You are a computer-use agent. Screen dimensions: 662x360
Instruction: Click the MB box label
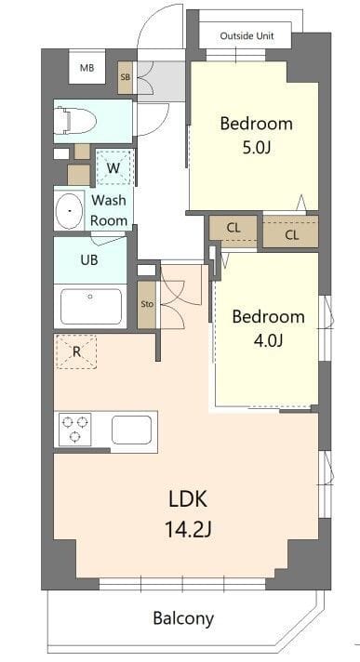point(87,68)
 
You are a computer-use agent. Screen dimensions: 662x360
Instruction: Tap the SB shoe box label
point(126,77)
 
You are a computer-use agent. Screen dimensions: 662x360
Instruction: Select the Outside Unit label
point(247,36)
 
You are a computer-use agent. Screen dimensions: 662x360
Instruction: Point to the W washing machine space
point(113,167)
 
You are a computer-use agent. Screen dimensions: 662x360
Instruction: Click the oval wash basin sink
point(69,211)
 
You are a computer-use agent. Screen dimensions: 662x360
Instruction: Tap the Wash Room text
point(109,210)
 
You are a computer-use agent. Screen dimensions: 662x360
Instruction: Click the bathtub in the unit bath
point(89,305)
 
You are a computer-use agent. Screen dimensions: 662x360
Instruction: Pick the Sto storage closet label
point(146,304)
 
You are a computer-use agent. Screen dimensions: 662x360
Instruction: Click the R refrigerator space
point(76,351)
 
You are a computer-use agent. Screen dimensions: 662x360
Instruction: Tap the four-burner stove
point(74,430)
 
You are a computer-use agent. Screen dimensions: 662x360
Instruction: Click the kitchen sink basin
point(131,430)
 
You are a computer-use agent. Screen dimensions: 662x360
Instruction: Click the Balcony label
point(183,618)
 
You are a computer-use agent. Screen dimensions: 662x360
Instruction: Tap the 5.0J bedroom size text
point(256,148)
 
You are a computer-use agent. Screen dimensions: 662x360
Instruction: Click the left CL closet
point(233,226)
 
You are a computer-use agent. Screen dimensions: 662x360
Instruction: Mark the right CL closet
point(291,234)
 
